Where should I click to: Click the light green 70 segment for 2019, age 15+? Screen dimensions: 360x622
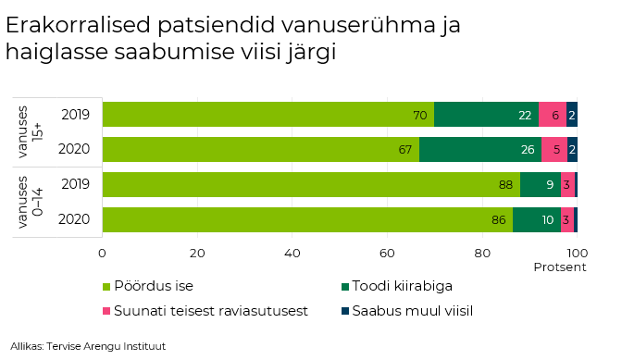[x=268, y=115]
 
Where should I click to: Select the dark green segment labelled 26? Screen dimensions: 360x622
[x=480, y=149]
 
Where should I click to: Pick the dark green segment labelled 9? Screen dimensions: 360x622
[x=540, y=184]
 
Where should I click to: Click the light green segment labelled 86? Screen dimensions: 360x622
[x=307, y=219]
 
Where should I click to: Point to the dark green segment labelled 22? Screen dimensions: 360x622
[x=486, y=115]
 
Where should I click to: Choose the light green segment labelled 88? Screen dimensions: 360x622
[x=311, y=184]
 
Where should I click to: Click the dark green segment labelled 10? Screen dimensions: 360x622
[x=537, y=219]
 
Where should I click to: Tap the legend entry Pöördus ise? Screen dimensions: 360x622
[x=153, y=286]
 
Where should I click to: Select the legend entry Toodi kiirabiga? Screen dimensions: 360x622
[x=404, y=286]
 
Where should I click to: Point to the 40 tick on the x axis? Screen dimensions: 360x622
[x=292, y=252]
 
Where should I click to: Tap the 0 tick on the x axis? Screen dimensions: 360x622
[x=103, y=252]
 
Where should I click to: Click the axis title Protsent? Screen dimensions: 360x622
[x=560, y=267]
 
